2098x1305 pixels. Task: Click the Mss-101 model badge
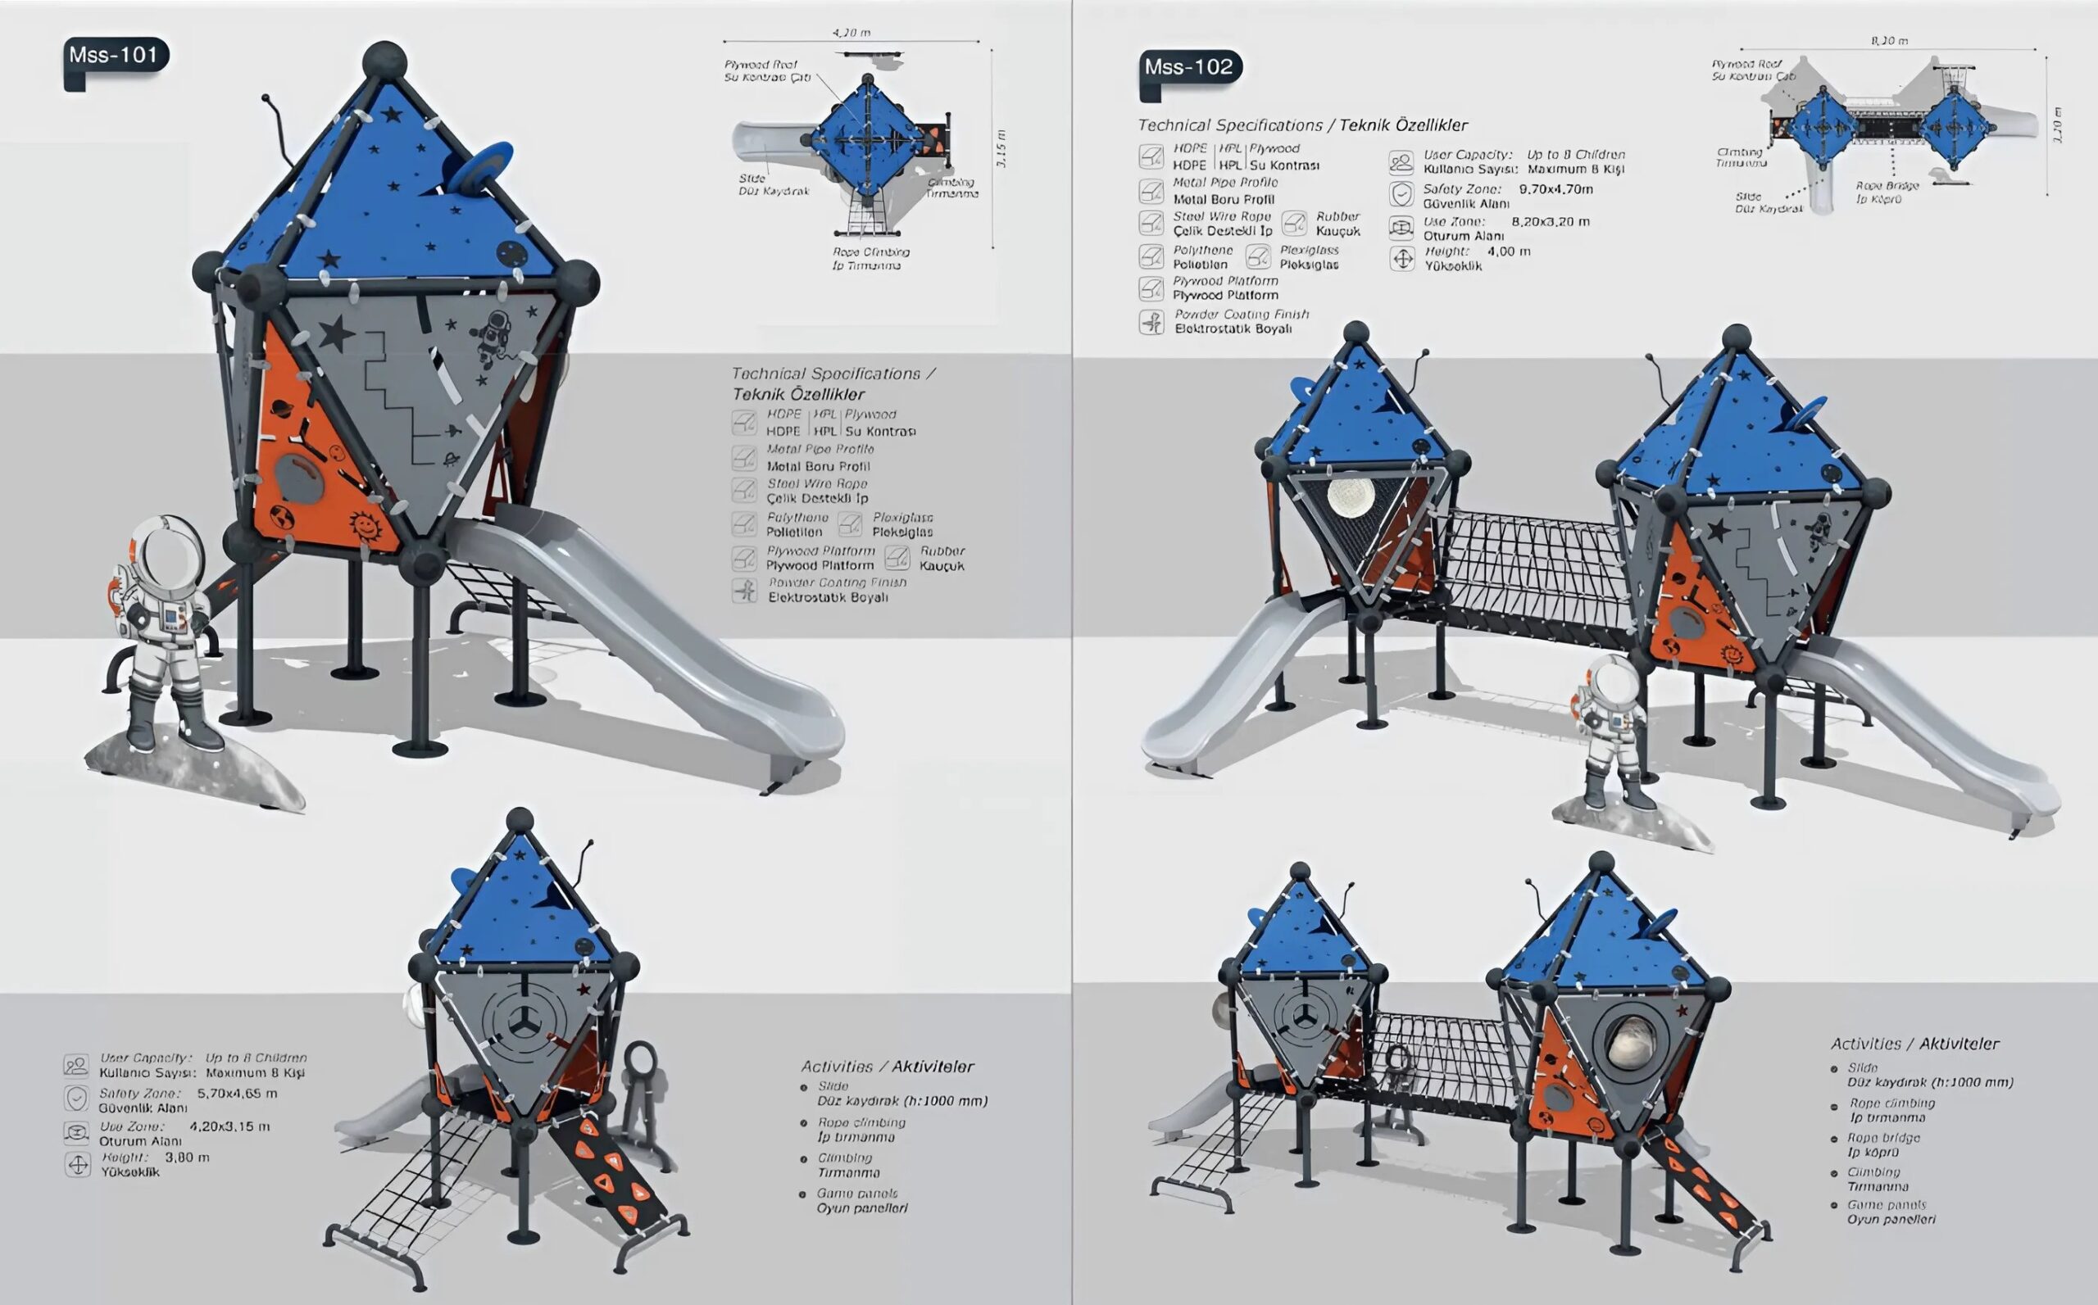[x=114, y=55]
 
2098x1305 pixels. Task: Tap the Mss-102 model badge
[x=1189, y=67]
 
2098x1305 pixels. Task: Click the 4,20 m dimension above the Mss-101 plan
[x=851, y=33]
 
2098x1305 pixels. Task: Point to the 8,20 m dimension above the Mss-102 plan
[x=1890, y=41]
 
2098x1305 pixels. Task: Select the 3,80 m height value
[x=188, y=1158]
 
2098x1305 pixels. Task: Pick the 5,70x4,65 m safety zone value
[x=238, y=1094]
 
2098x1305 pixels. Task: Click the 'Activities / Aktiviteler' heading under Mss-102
[x=1915, y=1044]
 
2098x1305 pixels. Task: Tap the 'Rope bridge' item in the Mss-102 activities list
[x=1884, y=1139]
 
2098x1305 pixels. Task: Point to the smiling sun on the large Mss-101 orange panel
[x=365, y=524]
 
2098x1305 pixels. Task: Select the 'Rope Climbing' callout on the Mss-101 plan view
[x=870, y=252]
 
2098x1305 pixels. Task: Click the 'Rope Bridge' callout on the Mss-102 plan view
[x=1887, y=186]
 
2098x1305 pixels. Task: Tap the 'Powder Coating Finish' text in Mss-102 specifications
[x=1242, y=315]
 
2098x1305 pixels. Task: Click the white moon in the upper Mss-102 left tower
[x=1351, y=496]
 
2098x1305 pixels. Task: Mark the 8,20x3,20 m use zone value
[x=1551, y=222]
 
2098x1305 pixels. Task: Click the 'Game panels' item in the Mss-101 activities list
[x=856, y=1194]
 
